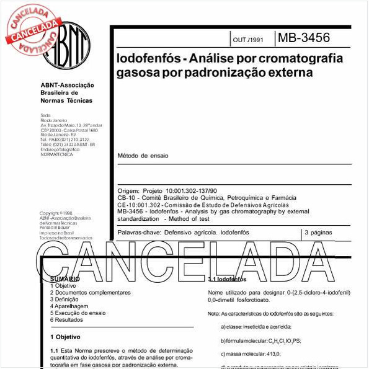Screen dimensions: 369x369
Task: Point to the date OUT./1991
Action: (x=248, y=39)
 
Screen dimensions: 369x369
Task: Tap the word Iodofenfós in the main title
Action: (x=145, y=59)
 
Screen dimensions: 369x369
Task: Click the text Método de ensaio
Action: (x=143, y=156)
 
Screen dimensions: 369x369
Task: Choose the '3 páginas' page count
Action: (x=319, y=232)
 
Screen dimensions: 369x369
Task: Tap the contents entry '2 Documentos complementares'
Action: (x=90, y=292)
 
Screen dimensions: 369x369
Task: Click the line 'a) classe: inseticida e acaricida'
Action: (x=256, y=327)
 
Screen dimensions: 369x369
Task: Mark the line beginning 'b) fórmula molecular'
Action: (x=260, y=340)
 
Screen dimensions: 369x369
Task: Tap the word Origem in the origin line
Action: (x=128, y=192)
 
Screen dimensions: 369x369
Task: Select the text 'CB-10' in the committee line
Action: (x=126, y=198)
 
